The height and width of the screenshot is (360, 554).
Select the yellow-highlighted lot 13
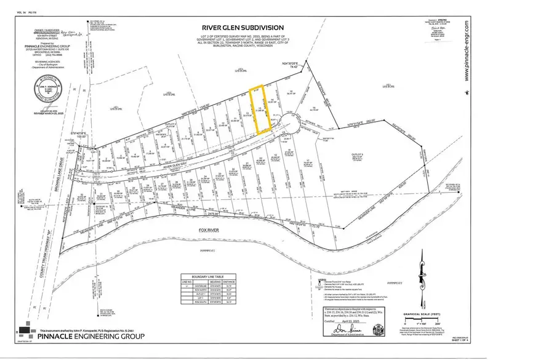[260, 110]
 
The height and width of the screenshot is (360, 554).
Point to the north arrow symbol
[422, 271]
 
